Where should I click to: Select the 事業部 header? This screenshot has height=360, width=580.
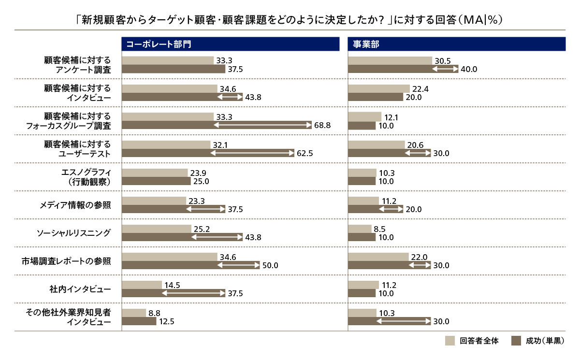[366, 44]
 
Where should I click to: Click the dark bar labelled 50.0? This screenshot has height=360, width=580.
[190, 265]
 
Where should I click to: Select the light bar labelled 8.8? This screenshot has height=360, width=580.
[134, 313]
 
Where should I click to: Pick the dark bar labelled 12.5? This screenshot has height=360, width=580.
[139, 321]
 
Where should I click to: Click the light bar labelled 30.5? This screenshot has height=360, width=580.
[390, 61]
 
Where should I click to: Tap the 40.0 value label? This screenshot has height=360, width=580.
[469, 70]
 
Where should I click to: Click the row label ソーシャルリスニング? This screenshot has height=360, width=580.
[74, 233]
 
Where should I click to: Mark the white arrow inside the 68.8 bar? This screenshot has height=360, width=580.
[262, 126]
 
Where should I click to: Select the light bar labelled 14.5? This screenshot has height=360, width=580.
[142, 285]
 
